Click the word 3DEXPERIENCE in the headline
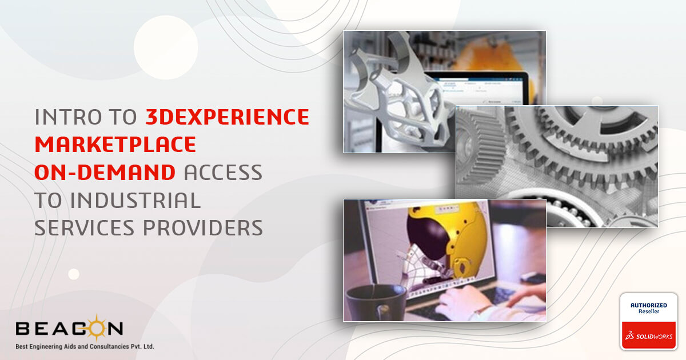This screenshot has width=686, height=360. pos(228,117)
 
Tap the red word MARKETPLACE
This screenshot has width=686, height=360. pos(115,144)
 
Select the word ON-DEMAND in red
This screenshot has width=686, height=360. pos(105,172)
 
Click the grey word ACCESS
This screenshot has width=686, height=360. pos(223,172)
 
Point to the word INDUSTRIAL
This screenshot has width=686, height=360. pos(135,200)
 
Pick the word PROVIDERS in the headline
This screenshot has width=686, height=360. pos(203,228)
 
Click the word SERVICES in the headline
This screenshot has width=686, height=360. pos(85,228)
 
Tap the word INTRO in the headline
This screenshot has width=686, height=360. pos(68,117)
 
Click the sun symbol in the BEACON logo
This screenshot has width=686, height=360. pos(96,329)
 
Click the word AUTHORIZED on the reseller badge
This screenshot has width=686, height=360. pos(649,305)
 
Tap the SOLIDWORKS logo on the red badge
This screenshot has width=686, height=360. pos(649,336)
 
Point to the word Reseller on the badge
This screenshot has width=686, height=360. pos(649,311)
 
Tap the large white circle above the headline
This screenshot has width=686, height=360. pos(166,47)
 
